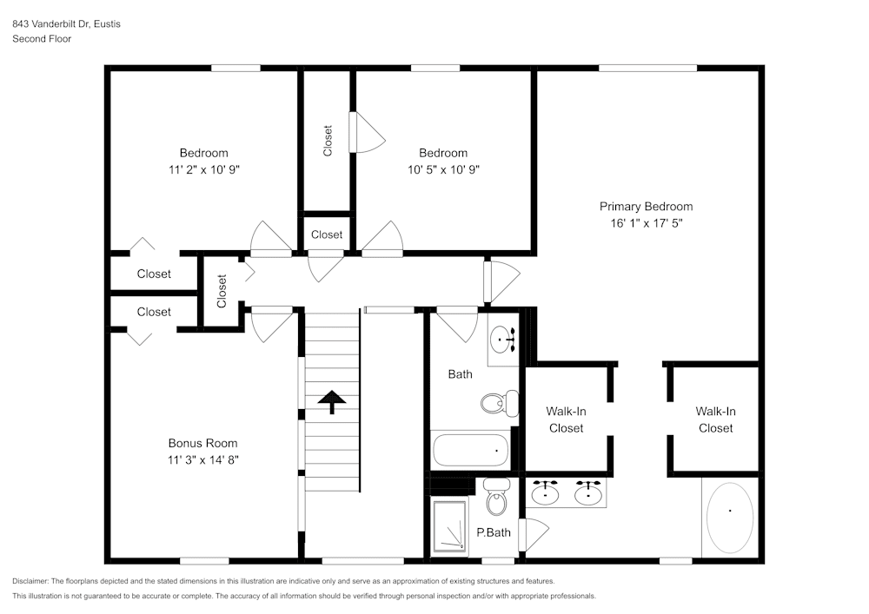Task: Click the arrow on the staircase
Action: click(x=331, y=400)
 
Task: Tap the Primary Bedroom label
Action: click(x=646, y=207)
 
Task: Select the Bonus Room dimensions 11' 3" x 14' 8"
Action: click(x=202, y=459)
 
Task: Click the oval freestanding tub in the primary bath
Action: click(x=729, y=518)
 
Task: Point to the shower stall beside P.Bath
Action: click(x=450, y=526)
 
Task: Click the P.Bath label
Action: click(x=493, y=532)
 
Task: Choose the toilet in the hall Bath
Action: click(x=494, y=403)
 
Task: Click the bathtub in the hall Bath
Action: click(x=470, y=450)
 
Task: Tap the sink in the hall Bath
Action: click(x=501, y=340)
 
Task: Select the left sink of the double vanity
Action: click(x=546, y=493)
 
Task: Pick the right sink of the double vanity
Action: click(x=588, y=493)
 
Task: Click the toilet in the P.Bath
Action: click(x=496, y=500)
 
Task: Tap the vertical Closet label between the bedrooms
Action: click(x=328, y=141)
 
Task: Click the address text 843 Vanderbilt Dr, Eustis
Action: click(x=66, y=24)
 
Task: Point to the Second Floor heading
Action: click(x=42, y=39)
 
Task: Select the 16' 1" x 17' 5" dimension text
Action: click(x=646, y=223)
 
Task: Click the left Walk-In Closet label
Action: click(x=565, y=419)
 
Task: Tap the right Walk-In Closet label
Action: click(x=715, y=419)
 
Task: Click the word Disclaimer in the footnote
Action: click(x=30, y=581)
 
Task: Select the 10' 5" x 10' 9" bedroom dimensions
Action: click(x=443, y=169)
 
